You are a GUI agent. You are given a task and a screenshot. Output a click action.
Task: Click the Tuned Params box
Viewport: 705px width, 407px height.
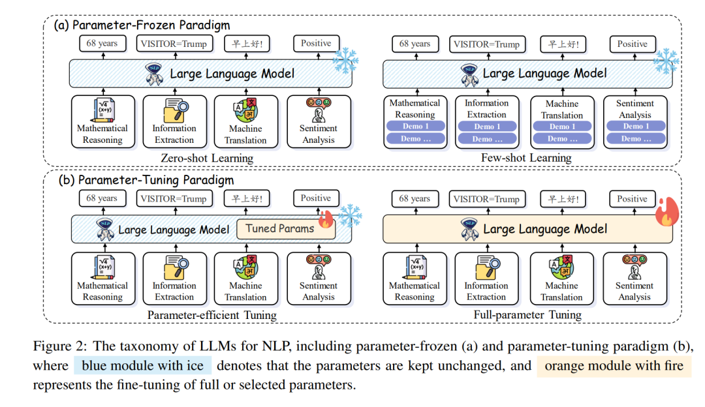285,229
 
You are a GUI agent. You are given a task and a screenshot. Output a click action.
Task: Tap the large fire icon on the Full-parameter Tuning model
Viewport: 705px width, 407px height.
666,211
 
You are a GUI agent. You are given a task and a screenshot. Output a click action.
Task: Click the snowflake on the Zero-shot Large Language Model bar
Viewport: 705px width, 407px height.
345,60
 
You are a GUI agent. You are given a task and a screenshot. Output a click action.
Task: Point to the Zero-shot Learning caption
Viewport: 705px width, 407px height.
207,158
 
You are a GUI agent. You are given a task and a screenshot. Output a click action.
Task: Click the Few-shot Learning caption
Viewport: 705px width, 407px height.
526,158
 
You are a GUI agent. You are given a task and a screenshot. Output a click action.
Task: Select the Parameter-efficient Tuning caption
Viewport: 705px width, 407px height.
211,315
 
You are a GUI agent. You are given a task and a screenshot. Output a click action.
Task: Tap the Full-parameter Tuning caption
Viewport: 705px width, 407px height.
527,315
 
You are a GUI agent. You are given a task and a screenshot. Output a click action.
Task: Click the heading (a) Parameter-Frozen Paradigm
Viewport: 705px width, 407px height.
142,25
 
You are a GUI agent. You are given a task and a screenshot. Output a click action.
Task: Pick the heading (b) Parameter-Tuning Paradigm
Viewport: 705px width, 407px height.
146,180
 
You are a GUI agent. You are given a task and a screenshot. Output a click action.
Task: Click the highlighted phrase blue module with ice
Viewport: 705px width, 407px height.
142,366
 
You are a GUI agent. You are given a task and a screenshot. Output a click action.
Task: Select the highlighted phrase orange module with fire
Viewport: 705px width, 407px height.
614,366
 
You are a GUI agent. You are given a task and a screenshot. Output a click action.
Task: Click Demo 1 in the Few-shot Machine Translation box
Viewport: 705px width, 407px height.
562,127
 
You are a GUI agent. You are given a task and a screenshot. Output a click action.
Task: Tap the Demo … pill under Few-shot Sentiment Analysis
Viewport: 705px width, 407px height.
636,139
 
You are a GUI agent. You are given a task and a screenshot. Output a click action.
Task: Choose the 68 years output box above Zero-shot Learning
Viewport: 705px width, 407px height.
102,44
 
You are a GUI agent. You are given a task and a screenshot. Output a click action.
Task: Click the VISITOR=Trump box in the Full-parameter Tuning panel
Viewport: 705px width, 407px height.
486,199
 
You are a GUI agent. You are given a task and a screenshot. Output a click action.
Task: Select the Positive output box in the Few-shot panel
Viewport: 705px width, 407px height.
632,44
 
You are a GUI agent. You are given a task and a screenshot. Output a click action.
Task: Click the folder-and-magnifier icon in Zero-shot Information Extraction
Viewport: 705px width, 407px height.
176,110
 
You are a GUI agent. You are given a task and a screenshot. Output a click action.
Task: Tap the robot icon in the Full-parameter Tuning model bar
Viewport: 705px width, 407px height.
469,229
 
